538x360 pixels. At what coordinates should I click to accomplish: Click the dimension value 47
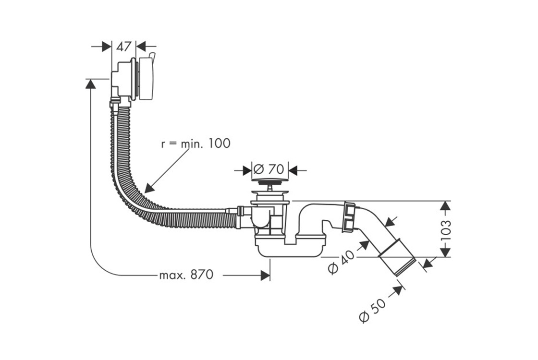pos(124,47)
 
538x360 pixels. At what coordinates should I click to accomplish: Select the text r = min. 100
pos(196,143)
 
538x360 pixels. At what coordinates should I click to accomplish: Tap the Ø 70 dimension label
pos(270,169)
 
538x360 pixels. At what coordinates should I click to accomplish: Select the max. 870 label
pos(185,276)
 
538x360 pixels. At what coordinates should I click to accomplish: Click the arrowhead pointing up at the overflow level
pos(89,84)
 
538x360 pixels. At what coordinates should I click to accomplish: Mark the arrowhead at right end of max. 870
pos(265,276)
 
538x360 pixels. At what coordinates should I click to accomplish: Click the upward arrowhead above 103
pos(446,207)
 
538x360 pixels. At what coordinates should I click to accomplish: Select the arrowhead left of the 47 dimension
pos(107,47)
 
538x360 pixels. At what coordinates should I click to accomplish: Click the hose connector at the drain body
pos(239,211)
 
